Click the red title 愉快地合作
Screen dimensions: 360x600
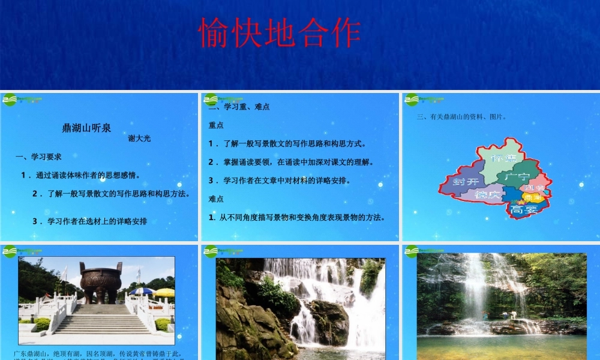coord(280,33)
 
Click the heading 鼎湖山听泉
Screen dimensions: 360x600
coord(86,127)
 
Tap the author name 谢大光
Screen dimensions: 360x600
coord(139,138)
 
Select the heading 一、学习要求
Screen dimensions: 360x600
coord(38,157)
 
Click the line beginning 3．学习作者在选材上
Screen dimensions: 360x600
coord(89,221)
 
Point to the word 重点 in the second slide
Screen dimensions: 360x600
coord(216,125)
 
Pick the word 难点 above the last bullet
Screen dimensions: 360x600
coord(216,199)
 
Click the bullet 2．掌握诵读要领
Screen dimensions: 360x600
coord(290,162)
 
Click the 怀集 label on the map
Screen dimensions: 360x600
coord(503,157)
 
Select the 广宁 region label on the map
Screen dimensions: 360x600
coord(517,177)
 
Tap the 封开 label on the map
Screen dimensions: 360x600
coord(466,181)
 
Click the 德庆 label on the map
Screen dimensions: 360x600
coord(487,195)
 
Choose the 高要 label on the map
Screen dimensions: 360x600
coord(523,209)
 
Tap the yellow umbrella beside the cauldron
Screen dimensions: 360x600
coord(164,293)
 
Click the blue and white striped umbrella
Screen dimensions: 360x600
coord(142,291)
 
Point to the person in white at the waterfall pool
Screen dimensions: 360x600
coord(513,314)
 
